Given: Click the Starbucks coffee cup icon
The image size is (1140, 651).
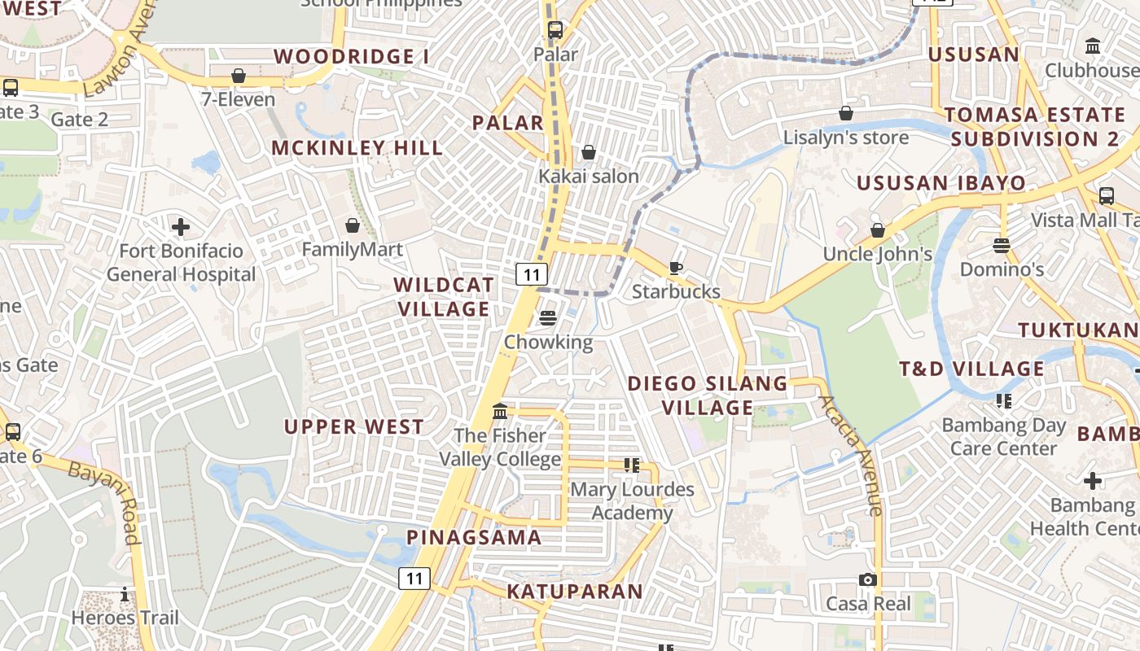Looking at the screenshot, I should pos(675,268).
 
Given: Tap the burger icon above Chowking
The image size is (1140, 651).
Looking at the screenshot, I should pos(548,318).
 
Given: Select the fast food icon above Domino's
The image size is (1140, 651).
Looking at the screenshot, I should pos(1002,245).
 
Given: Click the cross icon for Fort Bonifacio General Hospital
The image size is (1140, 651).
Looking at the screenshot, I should pos(181,226).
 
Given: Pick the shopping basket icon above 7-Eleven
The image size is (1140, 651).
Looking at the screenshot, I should pos(239,76).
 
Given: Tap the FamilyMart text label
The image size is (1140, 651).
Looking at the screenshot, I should pos(352,249).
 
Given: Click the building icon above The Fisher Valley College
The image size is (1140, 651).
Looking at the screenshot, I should pos(500,412).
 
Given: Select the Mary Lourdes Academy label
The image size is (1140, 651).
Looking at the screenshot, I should pos(632,501).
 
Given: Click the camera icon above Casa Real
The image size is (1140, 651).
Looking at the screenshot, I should pos(868,579).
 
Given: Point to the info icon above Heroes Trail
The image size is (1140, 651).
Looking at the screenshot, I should pos(125,594).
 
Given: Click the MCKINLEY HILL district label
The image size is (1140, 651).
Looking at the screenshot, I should pos(357,148).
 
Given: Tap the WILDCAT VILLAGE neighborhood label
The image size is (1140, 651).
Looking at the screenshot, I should pos(444,297).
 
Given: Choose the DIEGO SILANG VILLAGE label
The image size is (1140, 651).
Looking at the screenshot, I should pos(708,395).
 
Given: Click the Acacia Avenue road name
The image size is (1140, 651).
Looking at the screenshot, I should pos(852,456).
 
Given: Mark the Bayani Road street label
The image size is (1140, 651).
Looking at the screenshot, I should pos(103,503).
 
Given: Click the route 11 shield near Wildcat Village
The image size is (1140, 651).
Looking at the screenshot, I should pos(531,274).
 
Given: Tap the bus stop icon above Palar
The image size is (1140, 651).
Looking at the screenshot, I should pos(555,30).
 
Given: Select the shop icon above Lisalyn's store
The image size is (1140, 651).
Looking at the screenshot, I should pos(846,113).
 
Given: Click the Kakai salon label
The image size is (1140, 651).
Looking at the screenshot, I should pos(589,176).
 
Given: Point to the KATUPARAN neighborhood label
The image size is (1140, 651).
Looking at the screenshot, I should pos(575,592).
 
